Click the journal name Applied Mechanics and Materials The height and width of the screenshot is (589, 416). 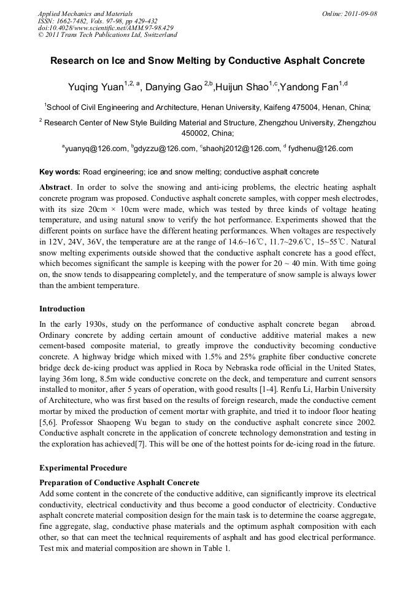pyautogui.click(x=85, y=14)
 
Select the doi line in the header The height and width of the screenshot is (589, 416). pyautogui.click(x=106, y=28)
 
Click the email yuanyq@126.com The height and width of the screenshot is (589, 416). pyautogui.click(x=96, y=149)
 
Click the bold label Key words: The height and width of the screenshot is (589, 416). pyautogui.click(x=60, y=171)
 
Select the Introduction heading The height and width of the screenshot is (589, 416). pyautogui.click(x=62, y=308)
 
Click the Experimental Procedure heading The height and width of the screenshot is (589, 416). pyautogui.click(x=83, y=467)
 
